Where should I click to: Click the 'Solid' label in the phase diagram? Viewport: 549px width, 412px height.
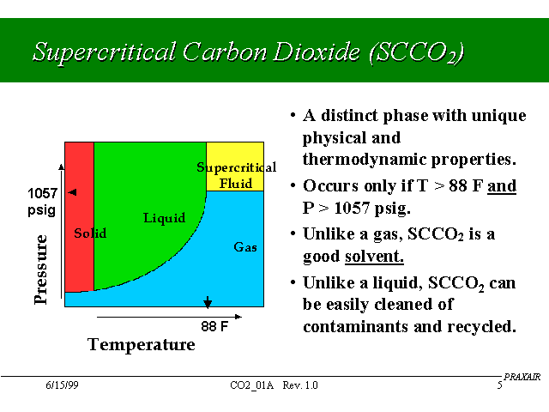[x=90, y=233]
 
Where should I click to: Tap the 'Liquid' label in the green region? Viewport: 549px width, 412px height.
[x=164, y=218]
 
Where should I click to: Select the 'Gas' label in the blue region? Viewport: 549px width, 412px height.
[x=245, y=247]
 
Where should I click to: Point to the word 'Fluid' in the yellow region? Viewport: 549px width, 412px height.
[x=236, y=183]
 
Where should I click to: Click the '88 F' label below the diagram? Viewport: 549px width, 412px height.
[x=214, y=326]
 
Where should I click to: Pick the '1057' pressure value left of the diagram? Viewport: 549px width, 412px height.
[x=42, y=193]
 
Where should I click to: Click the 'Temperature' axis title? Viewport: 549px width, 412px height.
[x=141, y=344]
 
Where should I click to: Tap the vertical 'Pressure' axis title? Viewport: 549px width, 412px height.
[x=40, y=270]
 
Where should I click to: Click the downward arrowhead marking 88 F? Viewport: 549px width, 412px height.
[x=208, y=302]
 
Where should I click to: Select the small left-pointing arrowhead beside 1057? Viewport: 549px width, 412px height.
[x=72, y=192]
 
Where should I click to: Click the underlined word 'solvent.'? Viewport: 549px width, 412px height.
[x=374, y=256]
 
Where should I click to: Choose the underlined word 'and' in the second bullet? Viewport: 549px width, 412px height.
[x=502, y=185]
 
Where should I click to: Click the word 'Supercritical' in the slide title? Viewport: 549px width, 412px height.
[x=104, y=51]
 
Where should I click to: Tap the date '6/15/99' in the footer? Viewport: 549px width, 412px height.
[x=62, y=385]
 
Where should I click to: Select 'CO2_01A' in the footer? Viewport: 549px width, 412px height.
[x=251, y=385]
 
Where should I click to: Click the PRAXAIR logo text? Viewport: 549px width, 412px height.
[x=522, y=377]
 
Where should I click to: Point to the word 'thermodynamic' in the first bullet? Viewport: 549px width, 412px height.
[x=365, y=160]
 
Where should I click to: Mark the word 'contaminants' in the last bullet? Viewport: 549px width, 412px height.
[x=356, y=327]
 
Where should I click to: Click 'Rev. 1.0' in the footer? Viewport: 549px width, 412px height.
[x=300, y=385]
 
